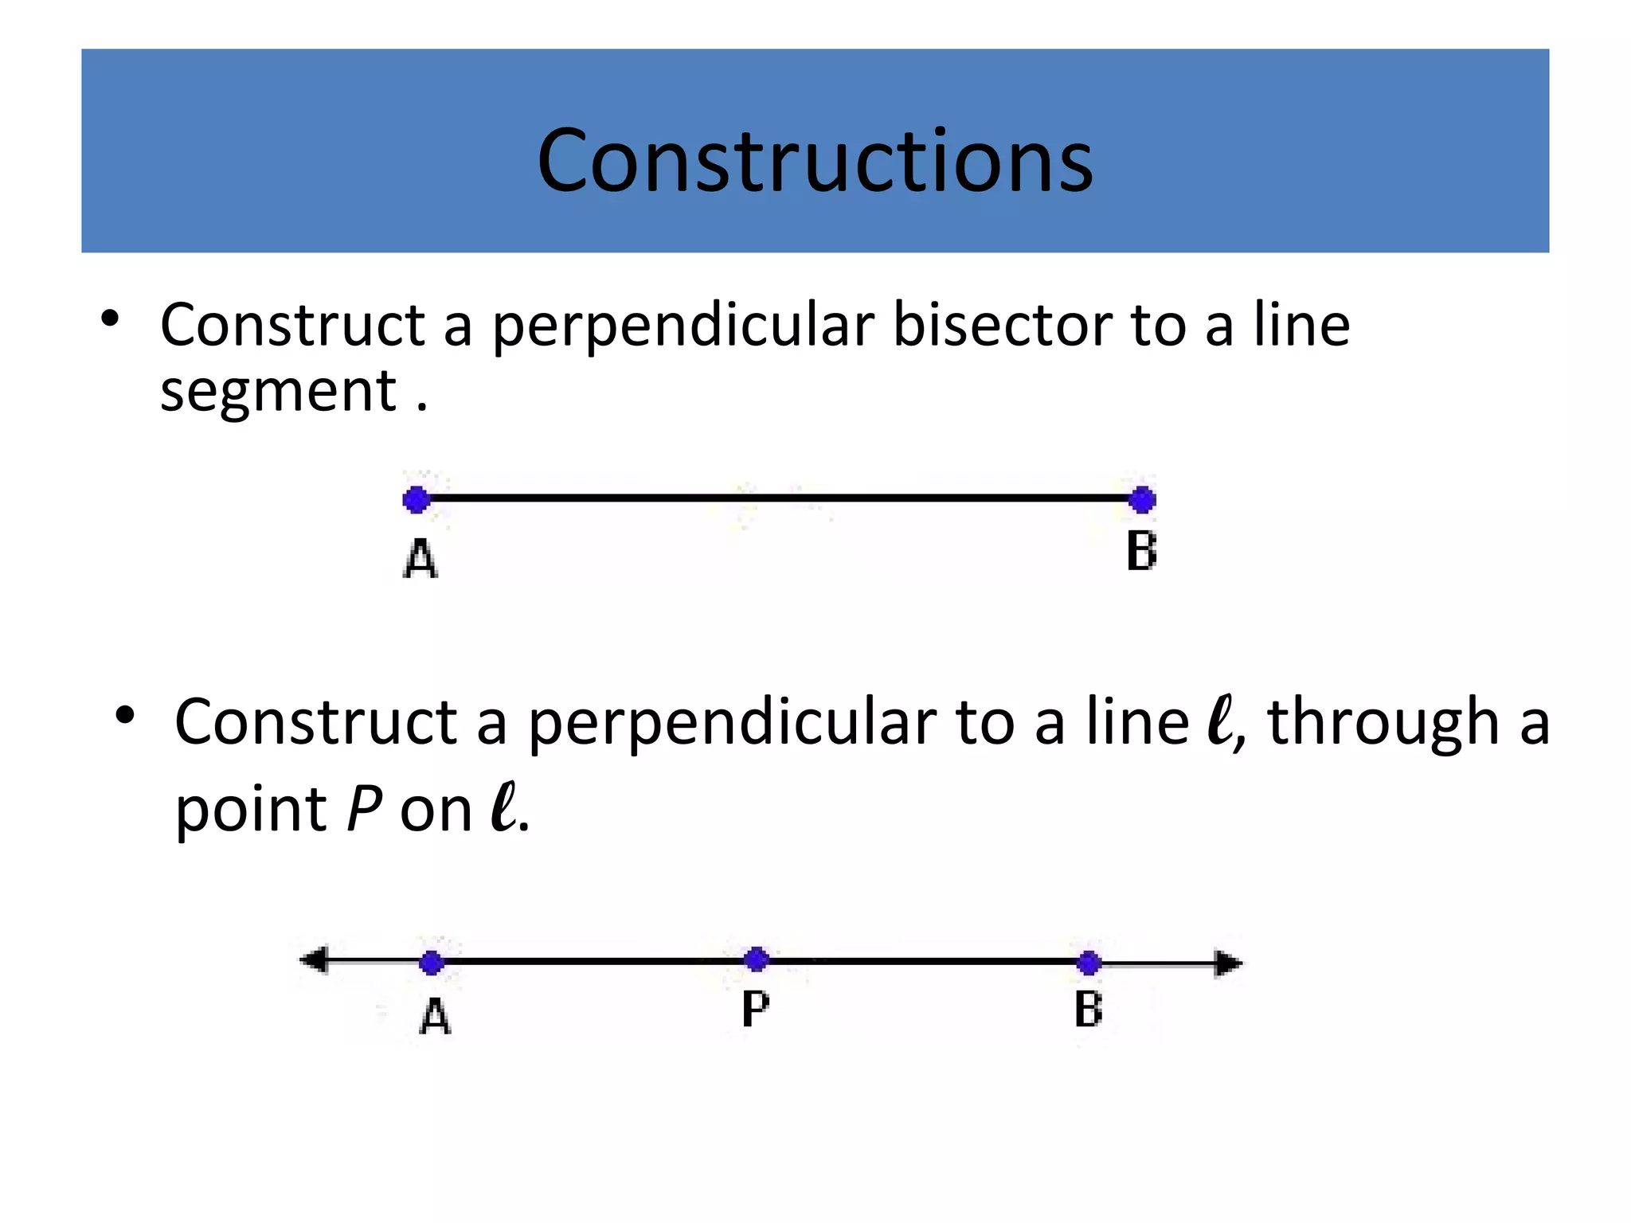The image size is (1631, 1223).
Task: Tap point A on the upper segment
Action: (x=416, y=500)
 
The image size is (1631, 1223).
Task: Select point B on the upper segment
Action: (x=1142, y=500)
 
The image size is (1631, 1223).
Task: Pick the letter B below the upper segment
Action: (x=1141, y=551)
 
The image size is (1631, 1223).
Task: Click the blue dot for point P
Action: (x=756, y=959)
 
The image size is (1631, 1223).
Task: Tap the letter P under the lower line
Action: (x=755, y=1010)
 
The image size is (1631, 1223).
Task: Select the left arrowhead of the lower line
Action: (x=315, y=959)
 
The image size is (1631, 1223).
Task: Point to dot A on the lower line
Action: (x=431, y=963)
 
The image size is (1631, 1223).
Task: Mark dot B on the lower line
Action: (x=1089, y=963)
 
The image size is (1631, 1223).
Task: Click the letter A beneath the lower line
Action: (x=435, y=1017)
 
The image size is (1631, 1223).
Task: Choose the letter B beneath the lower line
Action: (x=1088, y=1010)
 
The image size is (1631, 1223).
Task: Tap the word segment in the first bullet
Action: (x=278, y=392)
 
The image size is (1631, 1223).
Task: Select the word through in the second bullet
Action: (x=1383, y=723)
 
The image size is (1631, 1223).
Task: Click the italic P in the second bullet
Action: (x=365, y=809)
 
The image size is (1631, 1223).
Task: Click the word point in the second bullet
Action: (x=251, y=811)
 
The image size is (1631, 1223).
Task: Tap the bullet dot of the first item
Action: (x=110, y=318)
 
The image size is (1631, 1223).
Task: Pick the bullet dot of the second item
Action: (x=124, y=714)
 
